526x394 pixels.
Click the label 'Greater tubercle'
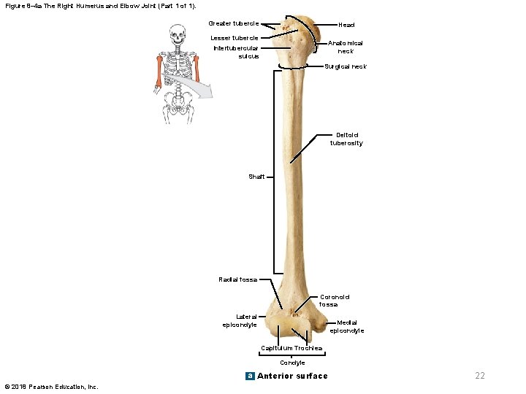pos(234,23)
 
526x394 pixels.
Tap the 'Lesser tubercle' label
pos(234,38)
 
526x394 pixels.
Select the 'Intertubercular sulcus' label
pos(236,52)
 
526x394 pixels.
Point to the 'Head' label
pos(346,25)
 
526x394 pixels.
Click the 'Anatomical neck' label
pos(346,47)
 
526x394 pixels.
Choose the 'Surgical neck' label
pos(346,67)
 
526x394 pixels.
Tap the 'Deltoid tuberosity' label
pos(348,139)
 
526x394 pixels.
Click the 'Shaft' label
pos(256,177)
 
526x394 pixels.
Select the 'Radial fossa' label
pos(238,279)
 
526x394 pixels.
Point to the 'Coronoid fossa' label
pos(335,301)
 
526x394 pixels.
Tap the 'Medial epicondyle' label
pos(346,327)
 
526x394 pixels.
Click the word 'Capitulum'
pos(277,348)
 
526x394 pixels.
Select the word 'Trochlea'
pos(309,348)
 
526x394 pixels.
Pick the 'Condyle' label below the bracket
pos(292,363)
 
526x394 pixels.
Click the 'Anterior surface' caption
pos(292,376)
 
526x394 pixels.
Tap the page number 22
pos(480,376)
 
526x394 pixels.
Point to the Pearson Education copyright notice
pos(51,387)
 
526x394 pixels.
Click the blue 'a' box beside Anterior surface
pos(250,376)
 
